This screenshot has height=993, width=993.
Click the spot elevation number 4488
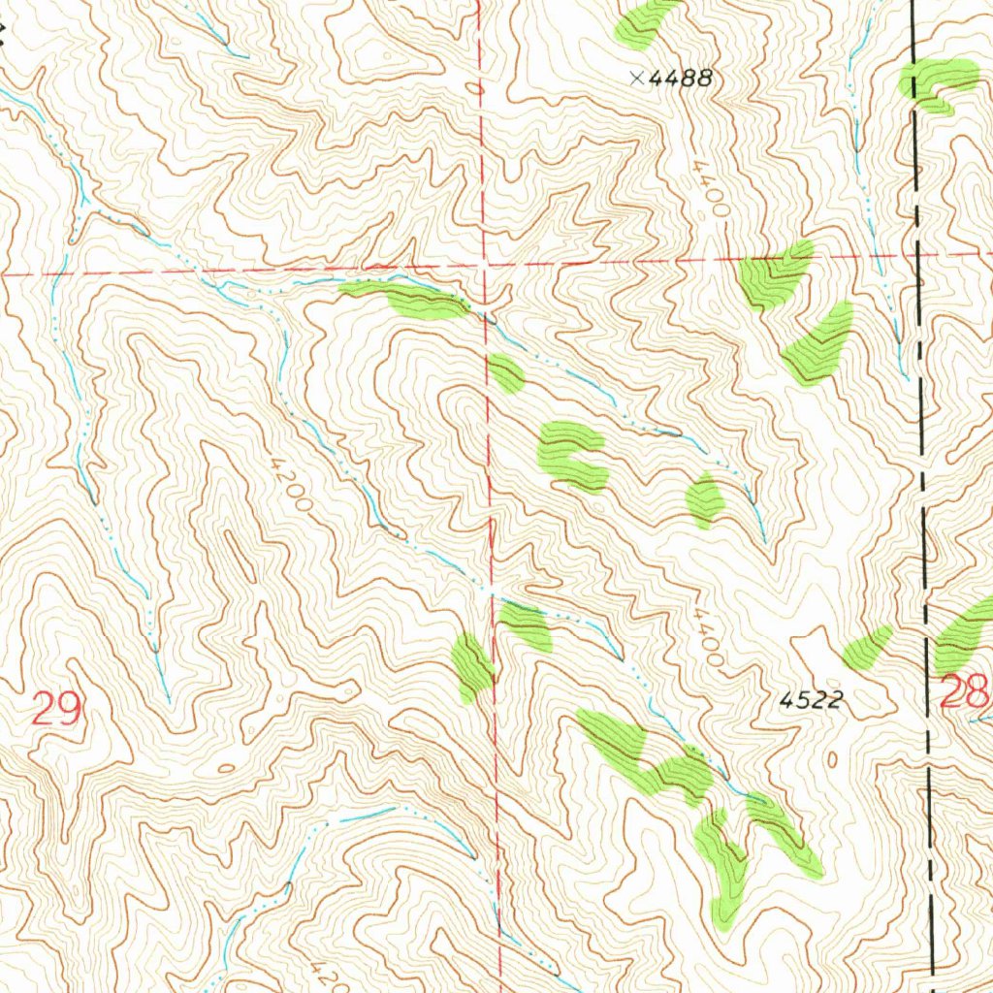pyautogui.click(x=681, y=80)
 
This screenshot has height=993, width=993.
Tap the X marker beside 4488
pyautogui.click(x=636, y=79)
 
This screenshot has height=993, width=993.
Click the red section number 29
pyautogui.click(x=54, y=710)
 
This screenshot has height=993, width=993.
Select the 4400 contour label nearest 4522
pyautogui.click(x=709, y=637)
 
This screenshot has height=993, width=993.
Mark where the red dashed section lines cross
pyautogui.click(x=484, y=264)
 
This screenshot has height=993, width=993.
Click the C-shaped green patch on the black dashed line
pyautogui.click(x=937, y=83)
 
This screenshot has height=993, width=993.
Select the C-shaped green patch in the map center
pyautogui.click(x=572, y=456)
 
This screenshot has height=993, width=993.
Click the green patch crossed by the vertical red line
pyautogui.click(x=474, y=668)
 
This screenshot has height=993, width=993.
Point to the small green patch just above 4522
pyautogui.click(x=867, y=648)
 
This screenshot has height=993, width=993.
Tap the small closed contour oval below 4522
pyautogui.click(x=833, y=758)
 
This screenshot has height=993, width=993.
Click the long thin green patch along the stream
pyautogui.click(x=407, y=299)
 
